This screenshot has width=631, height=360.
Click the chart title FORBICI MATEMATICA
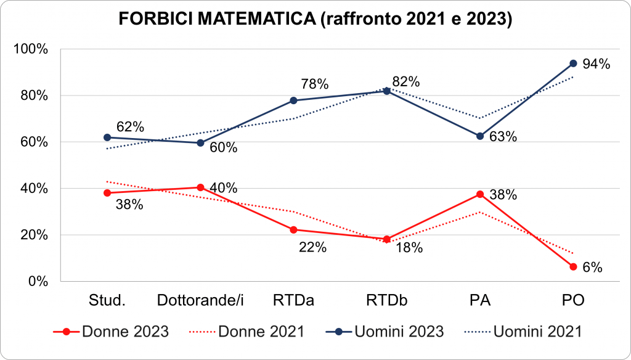(x=315, y=19)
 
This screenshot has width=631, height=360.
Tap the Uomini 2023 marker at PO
(x=573, y=63)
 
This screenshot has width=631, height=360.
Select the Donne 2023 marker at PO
(x=573, y=267)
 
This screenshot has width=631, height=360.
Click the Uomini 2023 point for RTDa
(x=293, y=100)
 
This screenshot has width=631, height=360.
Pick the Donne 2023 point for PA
(x=479, y=194)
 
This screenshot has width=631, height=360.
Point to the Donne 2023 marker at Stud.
(x=107, y=193)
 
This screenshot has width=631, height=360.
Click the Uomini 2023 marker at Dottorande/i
(x=200, y=143)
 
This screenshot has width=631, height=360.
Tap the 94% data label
(x=596, y=64)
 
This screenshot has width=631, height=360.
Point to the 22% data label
(x=312, y=248)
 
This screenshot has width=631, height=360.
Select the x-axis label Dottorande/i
(x=200, y=301)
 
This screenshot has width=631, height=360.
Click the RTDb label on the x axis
(x=386, y=301)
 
